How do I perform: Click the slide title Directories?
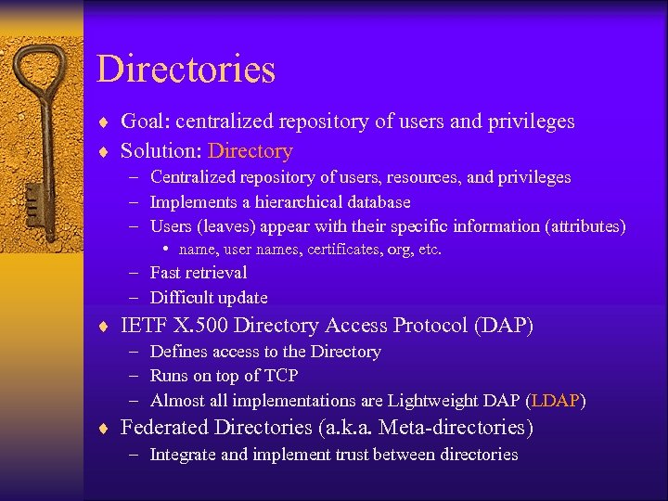point(186,70)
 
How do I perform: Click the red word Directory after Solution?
point(250,150)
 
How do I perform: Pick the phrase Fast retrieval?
point(199,273)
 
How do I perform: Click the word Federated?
point(167,428)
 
